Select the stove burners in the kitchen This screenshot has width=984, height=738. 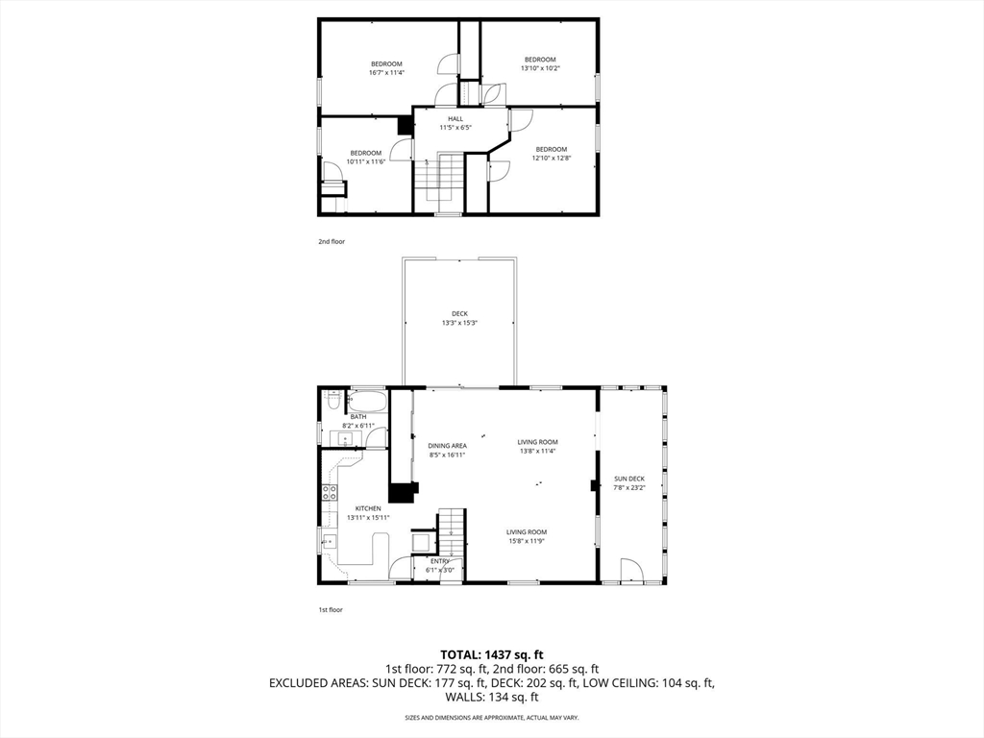click(328, 493)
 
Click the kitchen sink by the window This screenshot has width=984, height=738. click(329, 541)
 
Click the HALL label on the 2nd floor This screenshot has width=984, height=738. click(455, 118)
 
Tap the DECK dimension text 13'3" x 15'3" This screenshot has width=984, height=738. click(459, 323)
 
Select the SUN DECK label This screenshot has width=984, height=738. click(629, 479)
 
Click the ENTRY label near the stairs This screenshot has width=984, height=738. click(439, 561)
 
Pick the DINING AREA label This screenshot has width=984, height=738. click(447, 446)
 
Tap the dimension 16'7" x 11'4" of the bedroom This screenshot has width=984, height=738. click(386, 72)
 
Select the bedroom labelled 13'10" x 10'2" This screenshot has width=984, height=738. click(539, 63)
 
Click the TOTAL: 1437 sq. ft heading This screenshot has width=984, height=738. click(491, 654)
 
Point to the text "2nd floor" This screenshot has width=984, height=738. click(332, 242)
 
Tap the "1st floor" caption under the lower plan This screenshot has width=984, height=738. click(330, 610)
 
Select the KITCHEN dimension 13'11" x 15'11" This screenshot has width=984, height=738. click(368, 517)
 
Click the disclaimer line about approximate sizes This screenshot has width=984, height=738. click(491, 718)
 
